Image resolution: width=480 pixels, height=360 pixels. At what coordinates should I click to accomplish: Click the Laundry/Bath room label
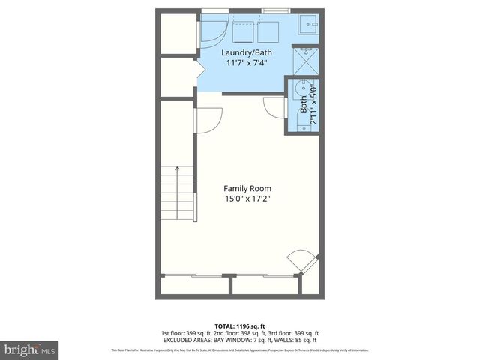click(x=247, y=53)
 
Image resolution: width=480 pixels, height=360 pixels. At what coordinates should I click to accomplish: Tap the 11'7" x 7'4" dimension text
click(x=247, y=63)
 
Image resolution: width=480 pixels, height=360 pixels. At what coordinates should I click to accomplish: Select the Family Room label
click(x=247, y=188)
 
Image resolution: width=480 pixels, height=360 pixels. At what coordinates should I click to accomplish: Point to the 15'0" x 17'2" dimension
click(x=247, y=199)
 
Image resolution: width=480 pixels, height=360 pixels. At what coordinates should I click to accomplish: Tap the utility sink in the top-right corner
click(x=309, y=25)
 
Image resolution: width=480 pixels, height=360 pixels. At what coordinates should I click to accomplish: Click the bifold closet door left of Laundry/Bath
click(x=199, y=71)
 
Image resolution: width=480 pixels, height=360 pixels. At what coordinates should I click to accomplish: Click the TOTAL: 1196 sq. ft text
click(x=239, y=326)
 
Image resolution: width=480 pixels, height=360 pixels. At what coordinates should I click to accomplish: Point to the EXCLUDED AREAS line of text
click(x=239, y=340)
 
